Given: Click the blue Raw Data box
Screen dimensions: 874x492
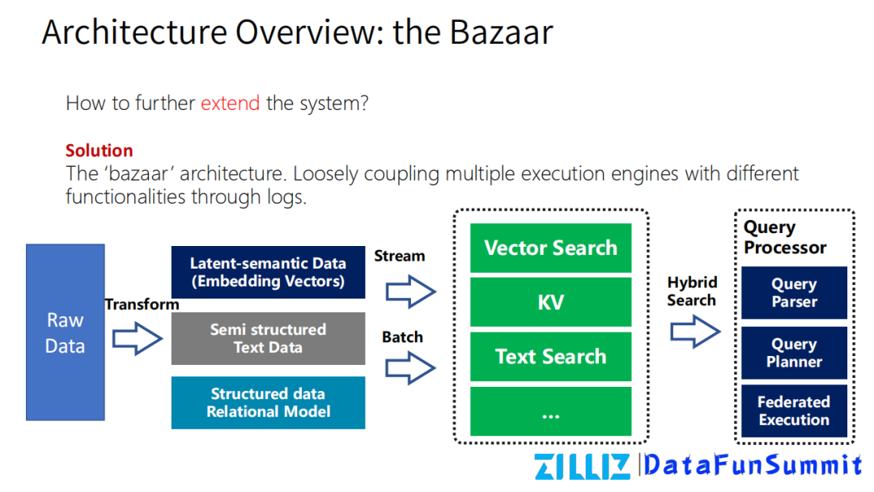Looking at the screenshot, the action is (x=66, y=333).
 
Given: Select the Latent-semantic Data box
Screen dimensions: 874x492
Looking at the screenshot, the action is (x=268, y=273).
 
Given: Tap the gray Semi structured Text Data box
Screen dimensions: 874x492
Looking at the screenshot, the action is (x=268, y=339).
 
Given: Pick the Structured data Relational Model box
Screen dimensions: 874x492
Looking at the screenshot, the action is (x=268, y=403).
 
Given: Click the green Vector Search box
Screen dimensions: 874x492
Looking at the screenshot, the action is (x=550, y=248).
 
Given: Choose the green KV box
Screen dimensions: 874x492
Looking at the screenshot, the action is (x=550, y=303).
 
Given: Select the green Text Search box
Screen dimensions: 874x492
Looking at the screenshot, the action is (x=550, y=357).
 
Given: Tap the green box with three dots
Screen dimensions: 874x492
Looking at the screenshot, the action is (x=550, y=412).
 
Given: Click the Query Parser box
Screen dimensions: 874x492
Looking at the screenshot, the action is (x=794, y=293).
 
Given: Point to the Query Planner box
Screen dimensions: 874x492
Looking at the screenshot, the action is (x=794, y=354).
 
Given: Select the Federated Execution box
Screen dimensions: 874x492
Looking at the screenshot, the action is (x=794, y=411).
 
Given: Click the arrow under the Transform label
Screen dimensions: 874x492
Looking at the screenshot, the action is (x=137, y=339).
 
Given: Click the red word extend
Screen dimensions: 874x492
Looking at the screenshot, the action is (x=231, y=104).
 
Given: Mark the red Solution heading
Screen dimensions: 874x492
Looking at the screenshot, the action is (x=99, y=151).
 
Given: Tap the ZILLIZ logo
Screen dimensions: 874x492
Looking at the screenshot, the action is (x=582, y=467).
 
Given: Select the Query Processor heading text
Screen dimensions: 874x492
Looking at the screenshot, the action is (x=784, y=238).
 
